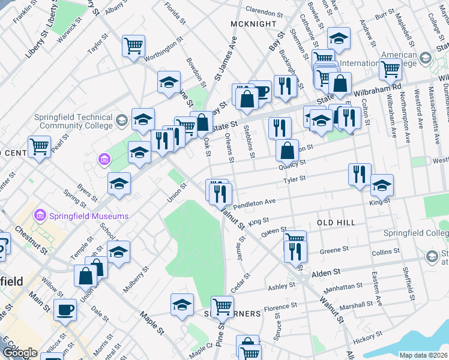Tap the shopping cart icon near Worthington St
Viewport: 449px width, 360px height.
[x=133, y=46]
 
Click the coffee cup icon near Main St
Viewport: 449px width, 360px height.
[x=65, y=310]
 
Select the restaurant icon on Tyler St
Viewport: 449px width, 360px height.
[x=360, y=175]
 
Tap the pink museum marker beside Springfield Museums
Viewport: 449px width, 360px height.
[x=41, y=214]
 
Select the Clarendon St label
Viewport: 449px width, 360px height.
[x=264, y=12]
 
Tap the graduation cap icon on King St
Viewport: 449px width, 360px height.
[x=382, y=185]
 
